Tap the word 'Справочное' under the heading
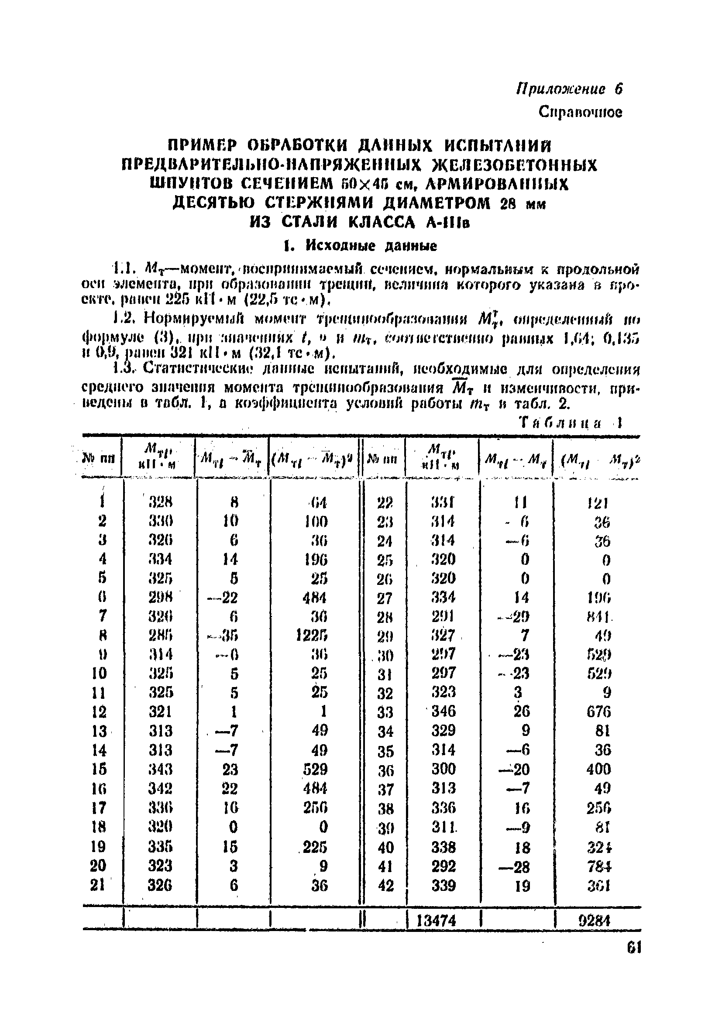click(x=580, y=112)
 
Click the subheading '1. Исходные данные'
click(x=360, y=246)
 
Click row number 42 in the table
click(x=386, y=886)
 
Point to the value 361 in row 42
click(x=598, y=886)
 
